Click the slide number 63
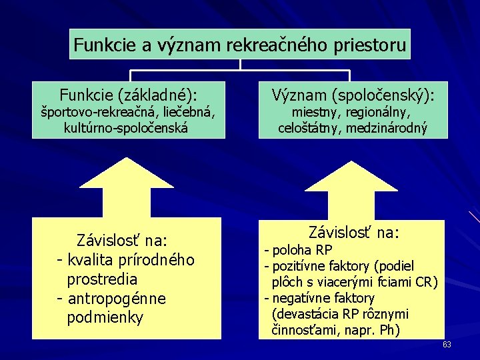click(447, 344)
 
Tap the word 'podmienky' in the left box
click(105, 317)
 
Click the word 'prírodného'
click(157, 259)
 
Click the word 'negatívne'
click(299, 298)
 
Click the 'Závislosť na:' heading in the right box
click(353, 233)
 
